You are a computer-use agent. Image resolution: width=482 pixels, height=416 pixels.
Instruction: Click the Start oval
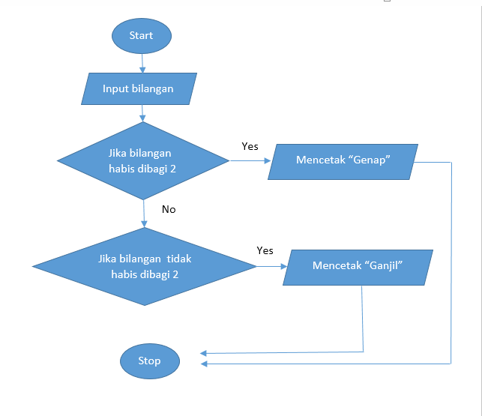pyautogui.click(x=141, y=35)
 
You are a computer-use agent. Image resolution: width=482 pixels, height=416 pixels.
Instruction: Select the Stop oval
pyautogui.click(x=149, y=361)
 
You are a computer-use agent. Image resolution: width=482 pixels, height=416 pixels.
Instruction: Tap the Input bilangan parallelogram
pyautogui.click(x=138, y=88)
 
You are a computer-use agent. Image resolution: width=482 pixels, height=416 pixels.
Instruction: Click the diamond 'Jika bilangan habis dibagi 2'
pyautogui.click(x=142, y=161)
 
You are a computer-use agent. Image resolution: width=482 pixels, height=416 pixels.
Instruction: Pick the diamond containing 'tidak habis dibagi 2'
pyautogui.click(x=145, y=266)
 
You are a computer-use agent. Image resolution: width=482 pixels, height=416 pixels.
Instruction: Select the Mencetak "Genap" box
pyautogui.click(x=344, y=160)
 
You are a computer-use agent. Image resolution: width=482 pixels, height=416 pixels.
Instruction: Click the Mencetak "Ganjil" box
pyautogui.click(x=358, y=266)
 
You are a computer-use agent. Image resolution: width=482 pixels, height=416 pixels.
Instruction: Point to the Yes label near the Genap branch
pyautogui.click(x=250, y=146)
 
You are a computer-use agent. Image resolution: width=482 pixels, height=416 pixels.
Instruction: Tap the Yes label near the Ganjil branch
pyautogui.click(x=265, y=250)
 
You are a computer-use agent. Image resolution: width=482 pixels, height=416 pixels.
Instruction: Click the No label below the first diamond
pyautogui.click(x=169, y=209)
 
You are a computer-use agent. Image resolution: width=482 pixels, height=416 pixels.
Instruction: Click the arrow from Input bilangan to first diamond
pyautogui.click(x=142, y=113)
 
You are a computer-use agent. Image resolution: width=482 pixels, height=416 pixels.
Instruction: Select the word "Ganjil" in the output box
pyautogui.click(x=390, y=266)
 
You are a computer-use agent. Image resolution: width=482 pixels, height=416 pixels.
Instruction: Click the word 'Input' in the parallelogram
pyautogui.click(x=115, y=88)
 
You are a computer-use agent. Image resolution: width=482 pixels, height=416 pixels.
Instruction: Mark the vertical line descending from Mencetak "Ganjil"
pyautogui.click(x=363, y=319)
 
